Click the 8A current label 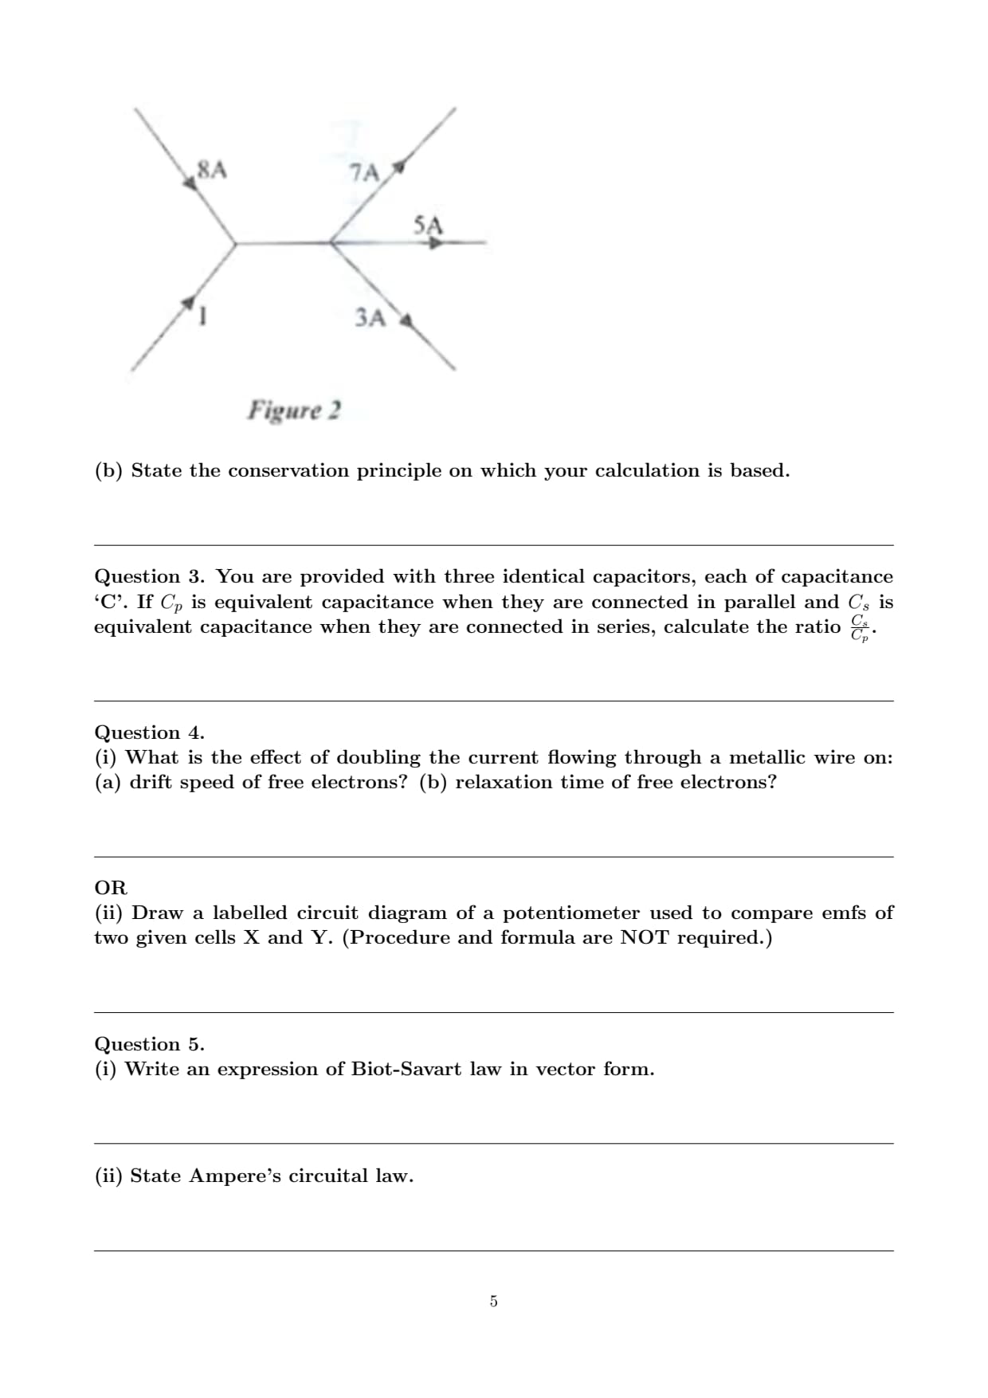[x=212, y=169]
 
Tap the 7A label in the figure [x=364, y=172]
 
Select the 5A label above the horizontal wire [x=428, y=225]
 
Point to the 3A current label [x=370, y=317]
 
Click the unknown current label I [x=204, y=316]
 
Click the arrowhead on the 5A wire [x=435, y=242]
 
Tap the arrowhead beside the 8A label [x=190, y=183]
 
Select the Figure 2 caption [x=294, y=410]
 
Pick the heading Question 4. [x=149, y=732]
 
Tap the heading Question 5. [x=149, y=1044]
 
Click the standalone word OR [x=111, y=888]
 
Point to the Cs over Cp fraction [x=859, y=627]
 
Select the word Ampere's [x=235, y=1176]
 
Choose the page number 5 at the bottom [x=493, y=1302]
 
